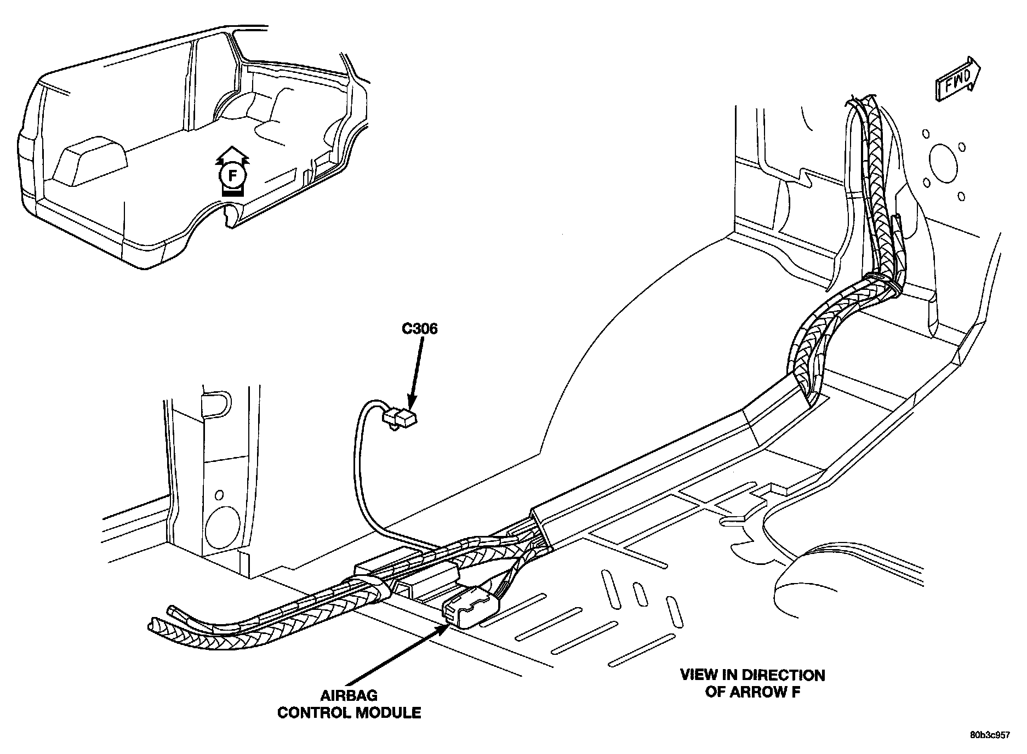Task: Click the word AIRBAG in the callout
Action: tap(349, 696)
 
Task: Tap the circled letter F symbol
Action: tap(233, 176)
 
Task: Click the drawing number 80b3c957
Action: tap(989, 735)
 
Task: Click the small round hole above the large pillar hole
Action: tap(219, 495)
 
